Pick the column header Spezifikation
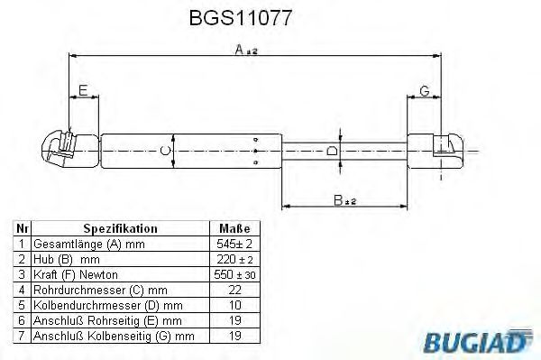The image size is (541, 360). pyautogui.click(x=120, y=229)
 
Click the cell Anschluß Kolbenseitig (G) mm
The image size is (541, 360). pyautogui.click(x=114, y=336)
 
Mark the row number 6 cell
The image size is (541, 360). pyautogui.click(x=23, y=320)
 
